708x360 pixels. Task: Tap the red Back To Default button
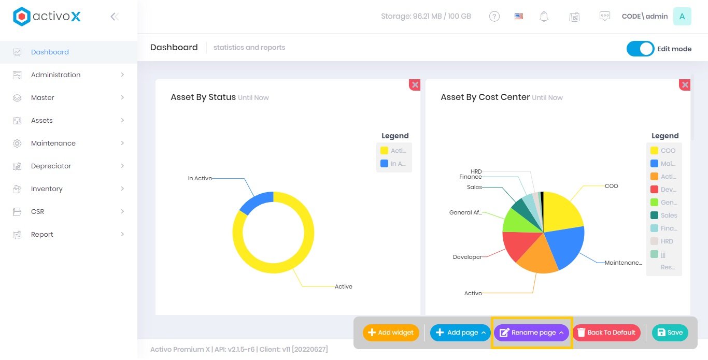pyautogui.click(x=606, y=333)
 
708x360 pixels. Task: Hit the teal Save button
pyautogui.click(x=670, y=333)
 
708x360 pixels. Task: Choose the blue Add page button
pyautogui.click(x=460, y=333)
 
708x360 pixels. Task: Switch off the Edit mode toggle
pyautogui.click(x=640, y=49)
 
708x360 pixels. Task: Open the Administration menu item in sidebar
pyautogui.click(x=55, y=75)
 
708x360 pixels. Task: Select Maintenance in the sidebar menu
pyautogui.click(x=53, y=143)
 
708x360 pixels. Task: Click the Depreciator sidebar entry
pyautogui.click(x=51, y=166)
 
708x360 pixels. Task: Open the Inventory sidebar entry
pyautogui.click(x=47, y=189)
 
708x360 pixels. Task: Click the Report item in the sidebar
pyautogui.click(x=42, y=234)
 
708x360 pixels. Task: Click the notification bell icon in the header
pyautogui.click(x=544, y=17)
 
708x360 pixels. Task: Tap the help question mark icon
pyautogui.click(x=494, y=17)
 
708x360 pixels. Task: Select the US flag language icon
pyautogui.click(x=519, y=17)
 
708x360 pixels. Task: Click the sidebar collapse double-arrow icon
pyautogui.click(x=115, y=17)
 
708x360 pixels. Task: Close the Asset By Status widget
pyautogui.click(x=415, y=84)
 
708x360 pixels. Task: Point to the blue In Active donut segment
pyautogui.click(x=256, y=202)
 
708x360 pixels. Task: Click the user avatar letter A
pyautogui.click(x=682, y=17)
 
